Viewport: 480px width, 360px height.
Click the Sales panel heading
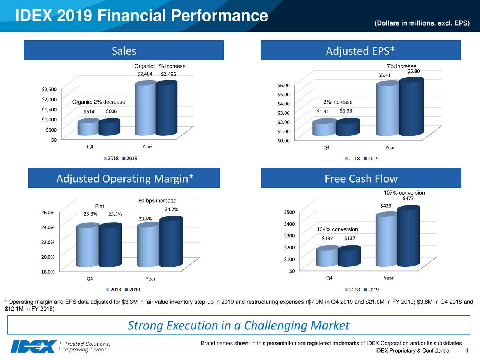tap(124, 51)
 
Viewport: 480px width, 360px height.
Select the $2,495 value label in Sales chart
tap(168, 74)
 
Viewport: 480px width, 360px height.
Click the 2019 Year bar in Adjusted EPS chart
tap(411, 107)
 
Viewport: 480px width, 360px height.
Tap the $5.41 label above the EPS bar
tap(384, 75)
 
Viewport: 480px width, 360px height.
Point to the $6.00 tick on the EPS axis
tap(283, 85)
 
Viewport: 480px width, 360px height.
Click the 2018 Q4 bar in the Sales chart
tap(88, 127)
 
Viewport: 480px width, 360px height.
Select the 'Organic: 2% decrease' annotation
tap(99, 102)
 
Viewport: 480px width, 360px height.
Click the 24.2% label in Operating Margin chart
tap(171, 210)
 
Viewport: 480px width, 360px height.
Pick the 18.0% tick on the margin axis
tap(48, 272)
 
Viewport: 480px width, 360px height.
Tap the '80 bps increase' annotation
tap(157, 201)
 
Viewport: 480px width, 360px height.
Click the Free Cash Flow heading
tap(361, 179)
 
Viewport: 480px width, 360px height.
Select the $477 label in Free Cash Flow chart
tap(408, 199)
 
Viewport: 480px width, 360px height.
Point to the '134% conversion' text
tap(337, 229)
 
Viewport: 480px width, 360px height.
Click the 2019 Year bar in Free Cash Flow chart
tap(408, 237)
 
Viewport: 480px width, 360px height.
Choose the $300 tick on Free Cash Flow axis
tap(289, 235)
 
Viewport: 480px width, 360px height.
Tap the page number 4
tap(466, 351)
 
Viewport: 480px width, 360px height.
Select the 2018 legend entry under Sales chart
tap(111, 158)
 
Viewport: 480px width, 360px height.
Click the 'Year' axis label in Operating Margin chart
tap(150, 279)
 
